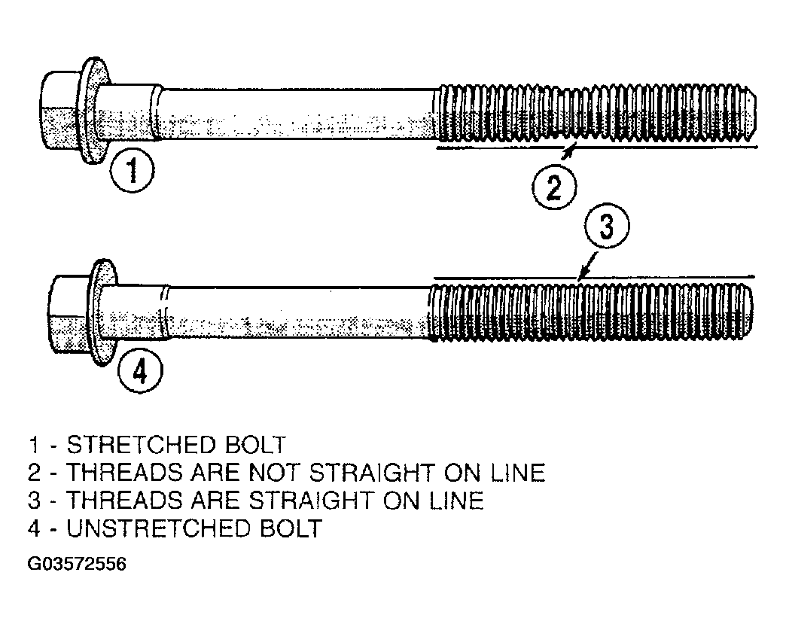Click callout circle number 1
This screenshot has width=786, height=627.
(133, 172)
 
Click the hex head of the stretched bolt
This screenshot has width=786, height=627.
(59, 110)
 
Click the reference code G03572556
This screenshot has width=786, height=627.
(75, 563)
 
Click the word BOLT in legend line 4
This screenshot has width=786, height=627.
(290, 528)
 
